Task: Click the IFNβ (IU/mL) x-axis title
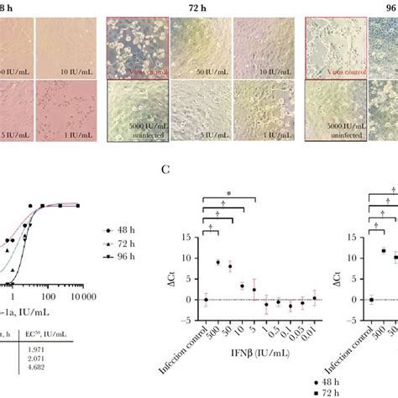coord(242,368)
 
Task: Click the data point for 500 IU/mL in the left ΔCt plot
coord(218,263)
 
